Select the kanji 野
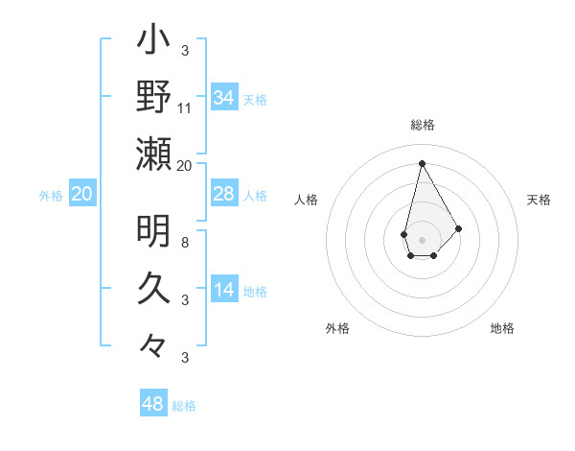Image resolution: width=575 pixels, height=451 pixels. tap(153, 97)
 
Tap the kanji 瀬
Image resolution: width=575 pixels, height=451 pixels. tap(153, 154)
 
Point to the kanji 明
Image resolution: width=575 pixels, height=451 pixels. tap(153, 231)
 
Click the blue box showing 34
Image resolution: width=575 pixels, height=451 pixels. tap(223, 98)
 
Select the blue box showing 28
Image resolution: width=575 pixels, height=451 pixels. tap(223, 194)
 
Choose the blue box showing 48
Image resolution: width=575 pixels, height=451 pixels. tap(153, 403)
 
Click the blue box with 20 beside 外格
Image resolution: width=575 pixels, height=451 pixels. tap(81, 194)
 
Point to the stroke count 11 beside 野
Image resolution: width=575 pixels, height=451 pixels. tap(185, 107)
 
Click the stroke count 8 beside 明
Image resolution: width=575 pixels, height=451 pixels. tap(185, 242)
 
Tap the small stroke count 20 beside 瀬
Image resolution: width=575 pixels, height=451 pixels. tap(185, 165)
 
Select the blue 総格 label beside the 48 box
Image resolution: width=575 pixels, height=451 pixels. tap(184, 406)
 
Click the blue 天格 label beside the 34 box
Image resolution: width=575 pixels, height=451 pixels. tap(255, 100)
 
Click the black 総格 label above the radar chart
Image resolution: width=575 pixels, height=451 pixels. tap(423, 125)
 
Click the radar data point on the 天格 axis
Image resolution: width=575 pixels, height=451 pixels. tap(458, 228)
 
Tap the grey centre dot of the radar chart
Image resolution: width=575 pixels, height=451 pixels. tap(423, 239)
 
